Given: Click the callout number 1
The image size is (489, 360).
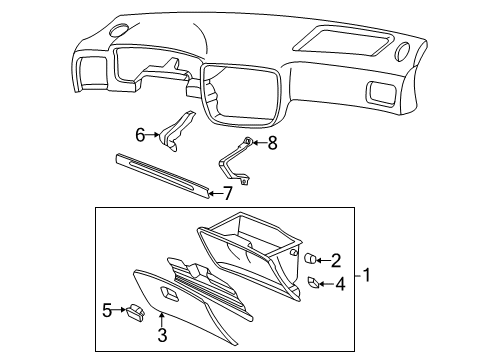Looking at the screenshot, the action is pyautogui.click(x=367, y=275).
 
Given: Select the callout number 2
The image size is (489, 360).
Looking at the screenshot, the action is pyautogui.click(x=336, y=261).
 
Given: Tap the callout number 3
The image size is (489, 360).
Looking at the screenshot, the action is pyautogui.click(x=162, y=335).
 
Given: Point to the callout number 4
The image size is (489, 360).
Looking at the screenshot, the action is pyautogui.click(x=340, y=284).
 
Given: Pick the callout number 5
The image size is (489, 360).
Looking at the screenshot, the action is pyautogui.click(x=107, y=310).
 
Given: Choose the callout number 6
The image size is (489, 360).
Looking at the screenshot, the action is pyautogui.click(x=140, y=135).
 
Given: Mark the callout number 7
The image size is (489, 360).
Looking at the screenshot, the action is pyautogui.click(x=227, y=193).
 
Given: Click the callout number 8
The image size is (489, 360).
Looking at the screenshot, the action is pyautogui.click(x=272, y=143).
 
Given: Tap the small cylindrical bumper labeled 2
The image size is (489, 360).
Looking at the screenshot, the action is pyautogui.click(x=310, y=258).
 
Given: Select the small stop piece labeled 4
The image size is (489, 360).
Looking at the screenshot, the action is pyautogui.click(x=313, y=283).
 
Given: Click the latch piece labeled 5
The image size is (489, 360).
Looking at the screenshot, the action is pyautogui.click(x=136, y=313).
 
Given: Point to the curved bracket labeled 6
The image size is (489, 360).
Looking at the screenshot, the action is pyautogui.click(x=175, y=131).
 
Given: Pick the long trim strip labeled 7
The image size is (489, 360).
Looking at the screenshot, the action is pyautogui.click(x=163, y=174).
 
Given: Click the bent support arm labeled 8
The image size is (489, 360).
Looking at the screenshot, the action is pyautogui.click(x=235, y=161).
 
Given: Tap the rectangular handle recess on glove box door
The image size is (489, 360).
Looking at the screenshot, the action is pyautogui.click(x=169, y=293).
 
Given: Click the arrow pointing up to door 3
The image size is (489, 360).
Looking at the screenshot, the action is pyautogui.click(x=162, y=320).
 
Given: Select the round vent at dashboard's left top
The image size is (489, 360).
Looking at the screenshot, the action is pyautogui.click(x=120, y=29).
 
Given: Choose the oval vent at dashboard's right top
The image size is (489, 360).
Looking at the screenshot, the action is pyautogui.click(x=402, y=51).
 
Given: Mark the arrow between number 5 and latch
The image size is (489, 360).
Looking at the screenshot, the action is pyautogui.click(x=119, y=310).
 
